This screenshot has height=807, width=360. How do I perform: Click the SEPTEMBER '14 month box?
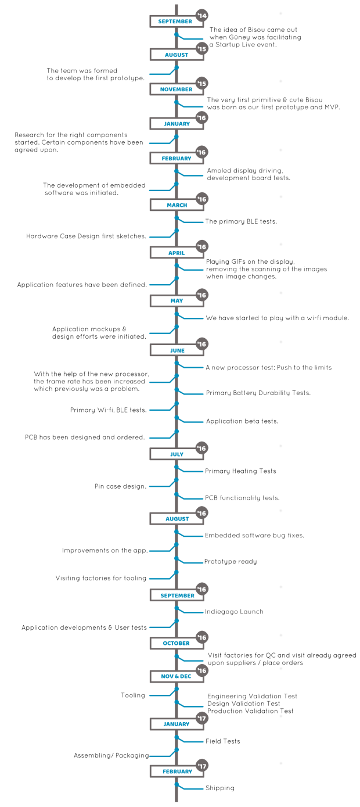[177, 21]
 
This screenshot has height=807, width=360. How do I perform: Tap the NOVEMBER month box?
[177, 89]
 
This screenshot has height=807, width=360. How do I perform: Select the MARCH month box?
[177, 205]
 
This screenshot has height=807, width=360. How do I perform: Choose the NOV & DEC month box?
[177, 676]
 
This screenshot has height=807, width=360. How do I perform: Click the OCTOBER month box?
[177, 643]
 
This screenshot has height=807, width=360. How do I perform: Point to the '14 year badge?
[202, 16]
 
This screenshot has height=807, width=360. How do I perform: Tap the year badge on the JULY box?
[202, 448]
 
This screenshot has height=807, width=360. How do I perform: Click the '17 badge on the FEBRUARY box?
[202, 766]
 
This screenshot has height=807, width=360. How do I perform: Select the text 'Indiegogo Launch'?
[234, 612]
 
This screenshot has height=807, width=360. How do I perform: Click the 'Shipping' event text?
[219, 788]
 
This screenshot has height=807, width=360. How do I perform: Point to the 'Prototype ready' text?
[231, 561]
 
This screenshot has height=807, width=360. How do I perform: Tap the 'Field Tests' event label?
[222, 741]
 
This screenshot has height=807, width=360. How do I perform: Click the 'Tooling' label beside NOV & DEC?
[133, 695]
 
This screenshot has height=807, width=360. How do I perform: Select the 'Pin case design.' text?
[120, 486]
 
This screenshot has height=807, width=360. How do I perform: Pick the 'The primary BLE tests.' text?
[241, 221]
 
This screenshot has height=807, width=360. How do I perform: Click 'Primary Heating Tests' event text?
[240, 471]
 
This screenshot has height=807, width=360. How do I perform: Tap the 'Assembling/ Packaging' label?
[111, 755]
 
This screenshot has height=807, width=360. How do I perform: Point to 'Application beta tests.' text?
[242, 421]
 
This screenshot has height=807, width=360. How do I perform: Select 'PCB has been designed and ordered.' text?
[85, 437]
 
